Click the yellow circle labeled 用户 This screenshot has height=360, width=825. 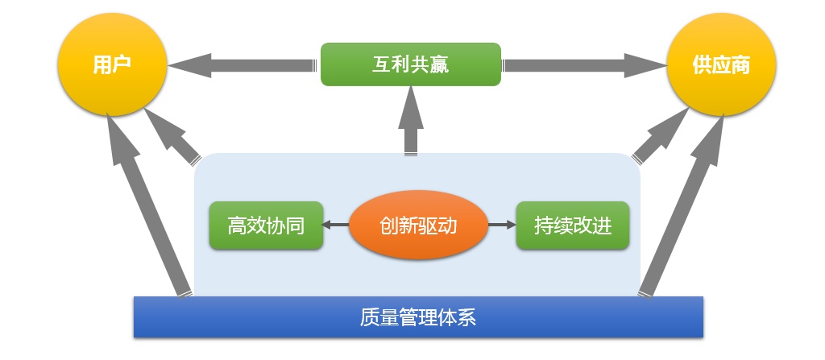tap(112, 64)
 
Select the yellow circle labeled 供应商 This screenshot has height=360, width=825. tap(721, 64)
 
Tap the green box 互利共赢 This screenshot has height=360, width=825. tap(411, 64)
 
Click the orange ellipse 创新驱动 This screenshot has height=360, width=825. tap(419, 226)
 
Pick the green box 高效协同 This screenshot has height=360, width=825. tap(266, 226)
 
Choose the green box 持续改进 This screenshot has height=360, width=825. tap(573, 226)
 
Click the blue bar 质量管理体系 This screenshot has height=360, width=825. tap(418, 317)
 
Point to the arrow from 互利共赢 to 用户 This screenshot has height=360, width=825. tap(243, 65)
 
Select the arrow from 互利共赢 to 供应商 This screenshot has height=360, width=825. tap(584, 65)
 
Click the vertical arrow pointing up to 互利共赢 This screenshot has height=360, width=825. tap(411, 121)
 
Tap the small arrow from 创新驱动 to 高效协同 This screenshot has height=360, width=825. tap(336, 226)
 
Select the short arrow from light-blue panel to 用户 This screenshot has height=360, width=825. tap(171, 136)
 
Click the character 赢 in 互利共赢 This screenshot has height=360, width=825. tap(439, 64)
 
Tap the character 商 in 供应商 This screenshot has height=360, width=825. tap(740, 65)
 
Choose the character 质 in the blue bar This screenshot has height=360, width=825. tap(370, 317)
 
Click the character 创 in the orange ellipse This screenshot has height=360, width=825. tap(389, 226)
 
